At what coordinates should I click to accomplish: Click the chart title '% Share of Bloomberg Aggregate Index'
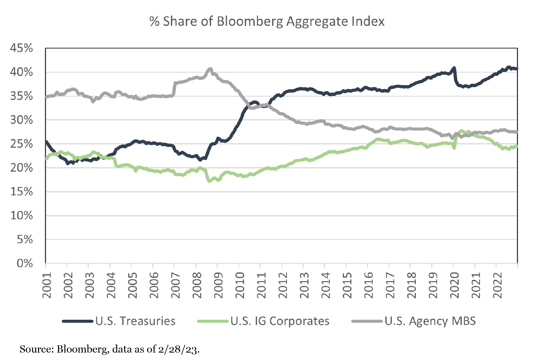(x=267, y=22)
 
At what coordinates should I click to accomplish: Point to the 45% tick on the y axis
(x=22, y=48)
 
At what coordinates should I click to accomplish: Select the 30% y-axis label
(x=22, y=120)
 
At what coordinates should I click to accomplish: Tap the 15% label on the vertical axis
(x=22, y=192)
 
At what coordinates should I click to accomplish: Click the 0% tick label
(x=25, y=263)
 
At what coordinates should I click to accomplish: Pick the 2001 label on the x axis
(x=47, y=285)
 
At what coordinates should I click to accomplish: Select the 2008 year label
(x=197, y=285)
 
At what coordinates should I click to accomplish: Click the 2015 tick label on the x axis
(x=347, y=285)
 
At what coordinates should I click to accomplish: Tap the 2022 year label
(x=498, y=285)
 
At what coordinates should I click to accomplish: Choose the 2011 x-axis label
(x=261, y=285)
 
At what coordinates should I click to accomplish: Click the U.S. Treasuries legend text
(x=135, y=321)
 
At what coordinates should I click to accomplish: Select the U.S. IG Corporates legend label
(x=280, y=321)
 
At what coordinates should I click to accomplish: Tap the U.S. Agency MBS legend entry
(x=430, y=321)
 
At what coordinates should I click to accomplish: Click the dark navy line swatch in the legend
(x=77, y=321)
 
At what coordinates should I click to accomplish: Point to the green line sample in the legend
(x=213, y=321)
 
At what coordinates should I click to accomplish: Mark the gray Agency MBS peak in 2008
(x=210, y=69)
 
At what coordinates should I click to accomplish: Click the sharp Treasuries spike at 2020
(x=454, y=68)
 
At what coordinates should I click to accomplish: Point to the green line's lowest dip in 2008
(x=209, y=181)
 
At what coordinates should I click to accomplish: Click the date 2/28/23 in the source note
(x=178, y=349)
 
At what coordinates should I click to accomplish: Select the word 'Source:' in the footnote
(x=37, y=349)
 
